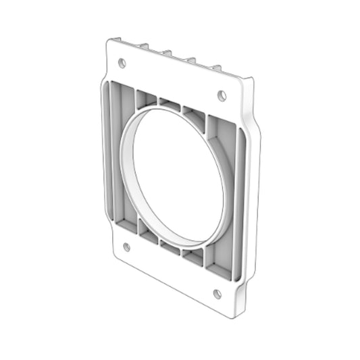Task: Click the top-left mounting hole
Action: click(x=122, y=63)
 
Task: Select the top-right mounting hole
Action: click(x=222, y=95)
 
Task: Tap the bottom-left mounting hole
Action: click(x=126, y=247)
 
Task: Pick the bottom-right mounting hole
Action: click(x=217, y=293)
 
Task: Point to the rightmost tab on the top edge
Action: click(x=217, y=67)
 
